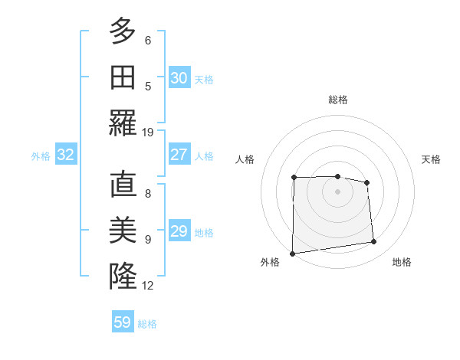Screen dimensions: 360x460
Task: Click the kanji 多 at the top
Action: tap(123, 31)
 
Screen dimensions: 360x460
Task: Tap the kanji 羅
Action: tap(123, 123)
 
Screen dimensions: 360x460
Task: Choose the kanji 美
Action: tap(123, 230)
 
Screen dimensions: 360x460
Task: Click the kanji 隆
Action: tap(123, 276)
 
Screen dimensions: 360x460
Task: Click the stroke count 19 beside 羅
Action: tap(149, 133)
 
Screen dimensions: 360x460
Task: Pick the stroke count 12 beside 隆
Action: tap(149, 286)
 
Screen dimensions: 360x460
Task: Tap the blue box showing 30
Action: tap(179, 78)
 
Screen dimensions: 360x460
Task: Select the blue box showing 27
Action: tap(179, 155)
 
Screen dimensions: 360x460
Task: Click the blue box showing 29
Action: tap(179, 231)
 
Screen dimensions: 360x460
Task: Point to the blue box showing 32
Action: tap(65, 155)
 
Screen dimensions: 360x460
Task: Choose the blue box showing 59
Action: tap(123, 322)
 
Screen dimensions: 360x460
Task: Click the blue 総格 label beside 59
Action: tap(148, 324)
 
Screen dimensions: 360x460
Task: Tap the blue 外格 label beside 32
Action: tap(41, 156)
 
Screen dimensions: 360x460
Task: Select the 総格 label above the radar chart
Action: tap(337, 100)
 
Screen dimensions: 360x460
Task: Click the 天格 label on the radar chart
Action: tap(431, 159)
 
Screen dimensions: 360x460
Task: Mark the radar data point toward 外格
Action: tap(292, 254)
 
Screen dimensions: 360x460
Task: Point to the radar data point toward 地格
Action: tap(374, 242)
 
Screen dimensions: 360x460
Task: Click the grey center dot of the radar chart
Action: tap(337, 191)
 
